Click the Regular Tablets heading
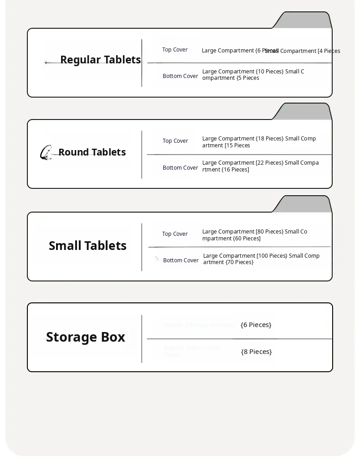[100, 60]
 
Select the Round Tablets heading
[92, 152]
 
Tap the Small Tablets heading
[87, 246]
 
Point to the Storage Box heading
[86, 337]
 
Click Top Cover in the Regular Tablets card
[175, 50]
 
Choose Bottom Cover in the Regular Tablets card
[180, 76]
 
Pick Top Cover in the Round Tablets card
[175, 141]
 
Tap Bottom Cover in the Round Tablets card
[180, 168]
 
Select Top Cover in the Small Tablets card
[175, 234]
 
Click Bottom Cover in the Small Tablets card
[181, 260]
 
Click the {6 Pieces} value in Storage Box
[256, 325]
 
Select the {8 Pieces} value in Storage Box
[257, 352]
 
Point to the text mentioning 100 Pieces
[261, 259]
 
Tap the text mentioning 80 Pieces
[255, 235]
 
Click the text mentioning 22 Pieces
[260, 166]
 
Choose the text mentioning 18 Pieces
[259, 142]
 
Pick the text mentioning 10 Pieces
[253, 75]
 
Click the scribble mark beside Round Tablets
[46, 152]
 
